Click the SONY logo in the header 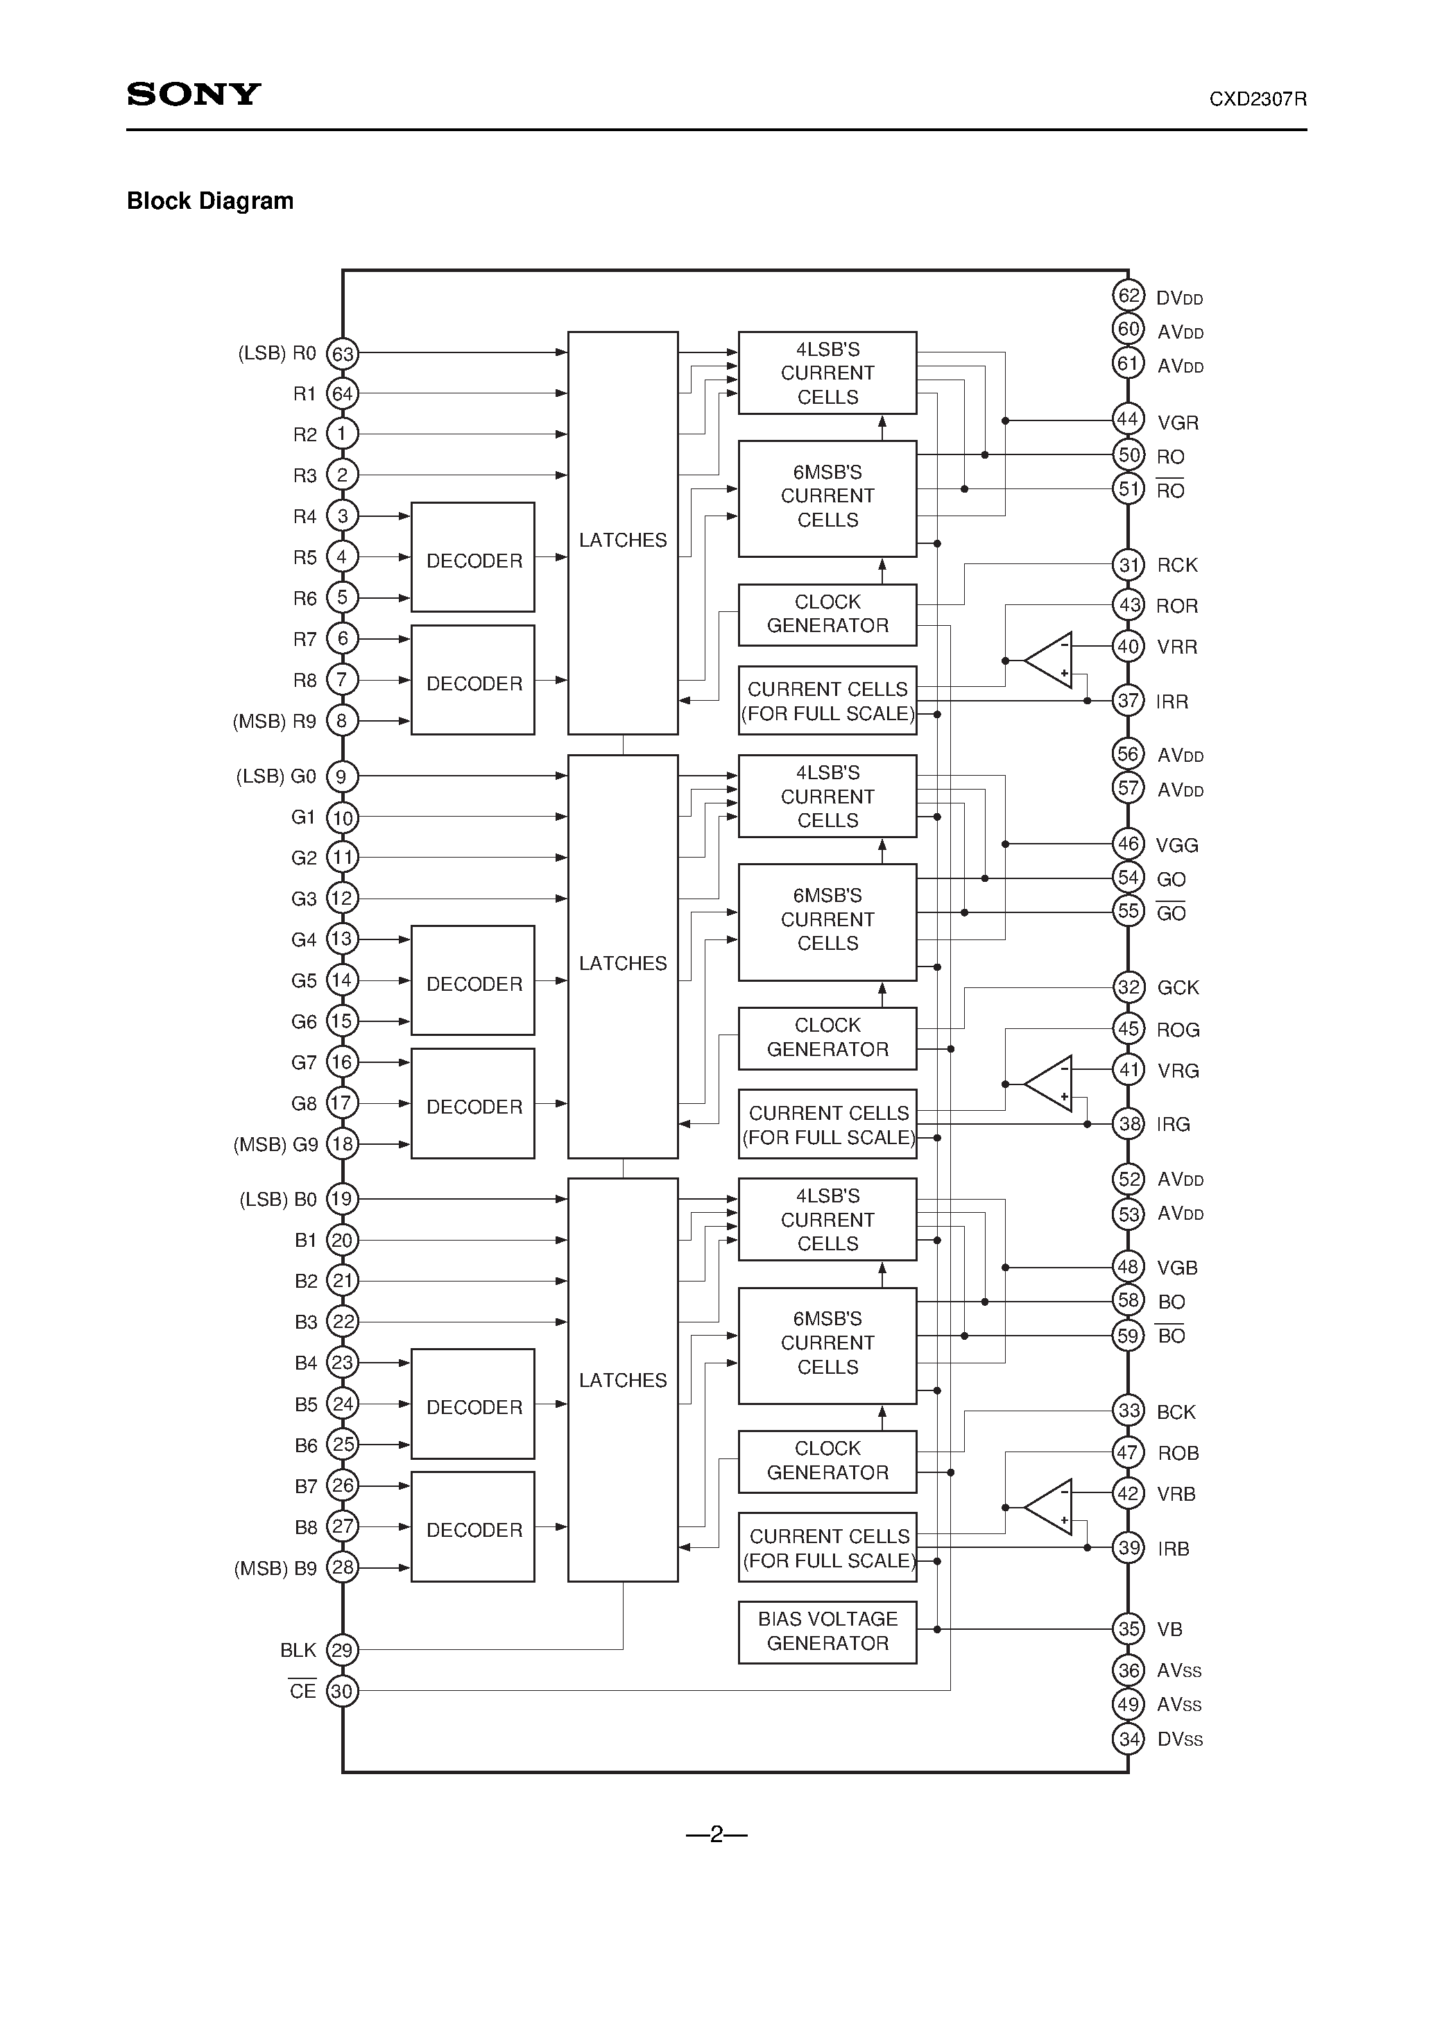[x=194, y=94]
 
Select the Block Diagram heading [x=210, y=201]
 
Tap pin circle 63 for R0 [x=343, y=354]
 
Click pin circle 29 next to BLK [x=343, y=1650]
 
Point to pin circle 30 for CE [x=343, y=1692]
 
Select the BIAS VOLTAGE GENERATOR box [x=827, y=1632]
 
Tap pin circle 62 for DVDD [x=1129, y=296]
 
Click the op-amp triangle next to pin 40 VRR [x=1052, y=660]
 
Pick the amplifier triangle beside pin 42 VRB [x=1052, y=1507]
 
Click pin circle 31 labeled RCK [x=1129, y=565]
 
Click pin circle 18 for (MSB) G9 [x=343, y=1144]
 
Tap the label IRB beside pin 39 [x=1173, y=1549]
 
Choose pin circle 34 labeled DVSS [x=1129, y=1738]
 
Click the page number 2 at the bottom [x=716, y=1835]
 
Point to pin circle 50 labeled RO [x=1129, y=455]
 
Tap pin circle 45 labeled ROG [x=1129, y=1029]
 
